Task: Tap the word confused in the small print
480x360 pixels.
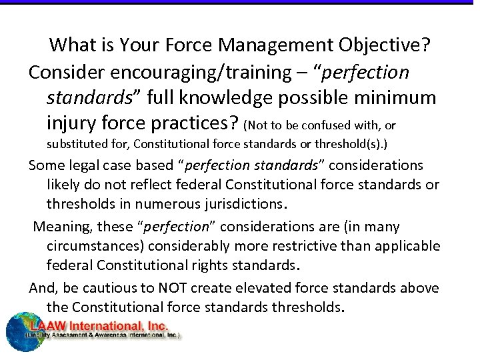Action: [326, 125]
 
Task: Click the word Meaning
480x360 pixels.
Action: [60, 227]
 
